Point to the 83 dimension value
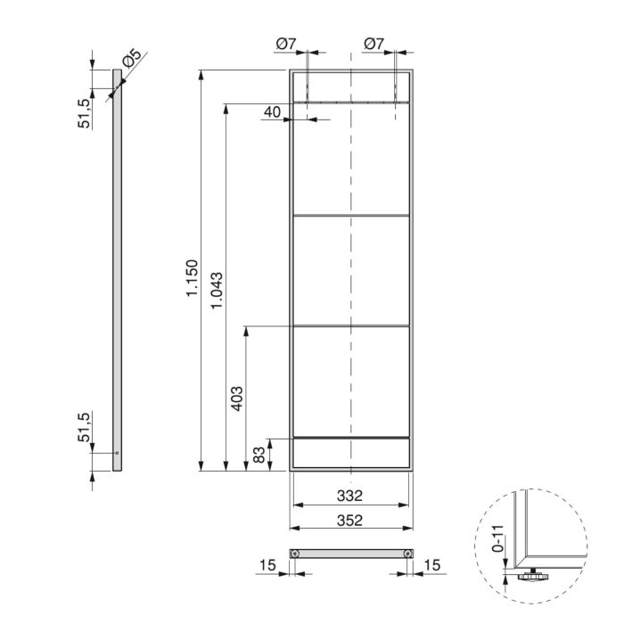click(259, 455)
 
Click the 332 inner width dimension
click(351, 495)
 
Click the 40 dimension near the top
click(272, 111)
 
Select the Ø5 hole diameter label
click(130, 61)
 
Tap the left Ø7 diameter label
click(286, 43)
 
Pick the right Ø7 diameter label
click(374, 43)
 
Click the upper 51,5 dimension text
click(85, 114)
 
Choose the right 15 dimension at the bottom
click(432, 566)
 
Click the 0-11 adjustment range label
click(500, 540)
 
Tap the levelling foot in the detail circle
click(531, 577)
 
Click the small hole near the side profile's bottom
click(116, 453)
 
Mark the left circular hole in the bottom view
click(294, 554)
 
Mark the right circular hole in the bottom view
click(407, 554)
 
